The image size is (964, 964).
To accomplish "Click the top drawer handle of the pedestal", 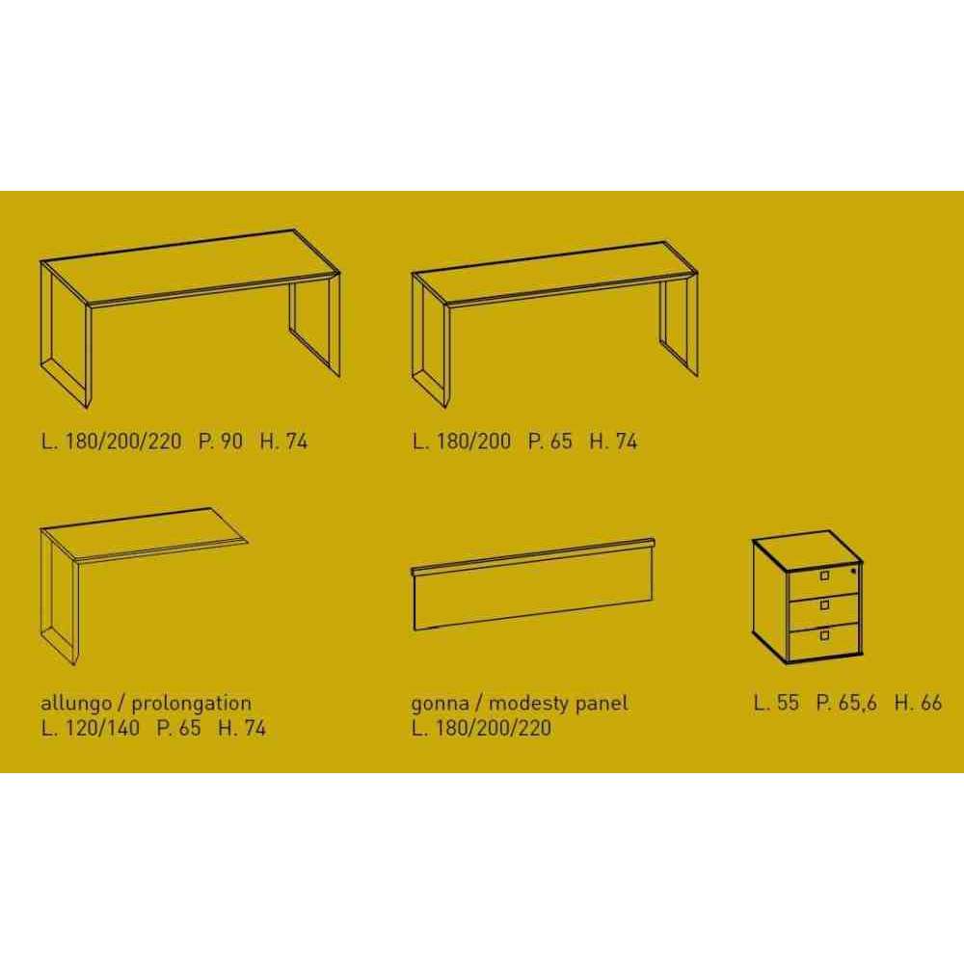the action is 824,576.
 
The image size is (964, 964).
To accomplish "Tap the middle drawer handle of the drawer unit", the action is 824,605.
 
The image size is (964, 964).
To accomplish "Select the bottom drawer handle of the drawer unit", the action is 824,635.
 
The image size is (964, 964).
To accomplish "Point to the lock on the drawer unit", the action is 853,571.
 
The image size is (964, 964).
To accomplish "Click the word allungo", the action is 76,703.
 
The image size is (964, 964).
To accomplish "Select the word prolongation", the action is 191,703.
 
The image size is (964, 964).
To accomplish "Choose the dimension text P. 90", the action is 220,441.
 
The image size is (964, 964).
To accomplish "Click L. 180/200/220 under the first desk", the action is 111,441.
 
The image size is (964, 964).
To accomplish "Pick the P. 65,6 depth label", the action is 846,702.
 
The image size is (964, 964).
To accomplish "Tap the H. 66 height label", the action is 918,702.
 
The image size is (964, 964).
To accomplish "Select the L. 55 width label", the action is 776,702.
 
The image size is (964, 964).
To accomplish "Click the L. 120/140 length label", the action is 91,728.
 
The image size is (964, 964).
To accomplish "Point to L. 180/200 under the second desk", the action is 462,441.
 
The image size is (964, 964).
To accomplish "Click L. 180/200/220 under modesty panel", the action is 481,728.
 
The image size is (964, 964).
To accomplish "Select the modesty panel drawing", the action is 532,584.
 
